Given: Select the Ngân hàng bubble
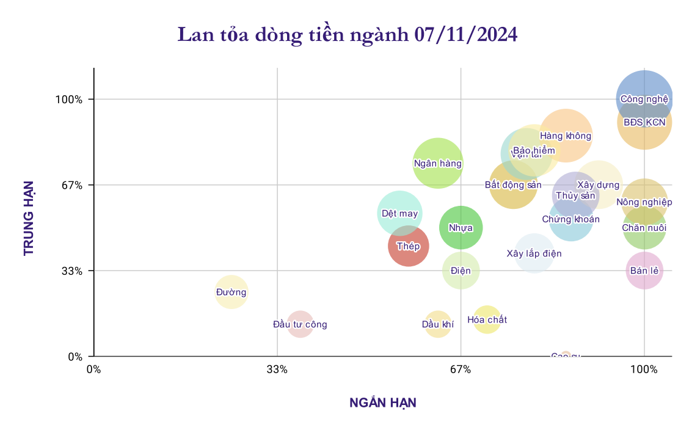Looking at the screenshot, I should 437,163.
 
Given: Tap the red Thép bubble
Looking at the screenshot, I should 408,246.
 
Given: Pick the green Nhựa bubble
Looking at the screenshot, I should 461,227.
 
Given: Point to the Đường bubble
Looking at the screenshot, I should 231,292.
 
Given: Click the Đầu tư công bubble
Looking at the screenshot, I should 300,324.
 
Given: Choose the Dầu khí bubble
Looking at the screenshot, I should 437,324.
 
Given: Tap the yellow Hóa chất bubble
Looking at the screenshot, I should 487,319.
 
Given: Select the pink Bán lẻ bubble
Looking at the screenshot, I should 644,270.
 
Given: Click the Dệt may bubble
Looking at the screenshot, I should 399,213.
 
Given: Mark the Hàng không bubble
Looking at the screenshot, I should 566,136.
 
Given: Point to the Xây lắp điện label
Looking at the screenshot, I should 534,253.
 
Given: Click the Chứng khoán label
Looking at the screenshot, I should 570,219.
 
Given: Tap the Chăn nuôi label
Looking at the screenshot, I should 644,228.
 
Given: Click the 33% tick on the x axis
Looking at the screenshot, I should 277,370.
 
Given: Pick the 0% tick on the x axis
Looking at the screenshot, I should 93,370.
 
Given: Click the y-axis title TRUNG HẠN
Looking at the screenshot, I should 29,217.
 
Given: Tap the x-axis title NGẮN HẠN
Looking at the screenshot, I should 382,403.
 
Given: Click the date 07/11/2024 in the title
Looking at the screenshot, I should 465,34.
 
